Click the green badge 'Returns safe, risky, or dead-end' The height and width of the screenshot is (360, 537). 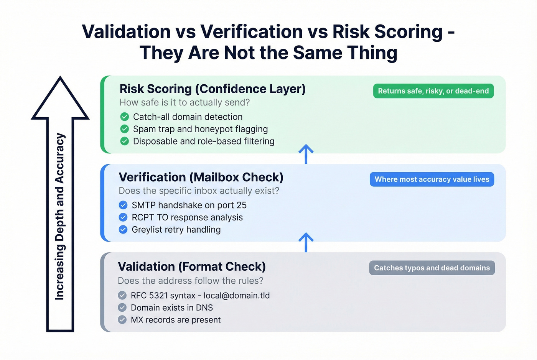click(x=433, y=91)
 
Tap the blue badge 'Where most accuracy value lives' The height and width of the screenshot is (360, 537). click(x=432, y=179)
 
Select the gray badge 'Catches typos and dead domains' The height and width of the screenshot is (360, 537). click(x=432, y=268)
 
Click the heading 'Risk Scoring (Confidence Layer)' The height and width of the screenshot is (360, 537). click(x=212, y=89)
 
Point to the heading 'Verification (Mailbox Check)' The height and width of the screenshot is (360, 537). click(x=201, y=178)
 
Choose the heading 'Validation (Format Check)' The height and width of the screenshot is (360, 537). click(x=192, y=266)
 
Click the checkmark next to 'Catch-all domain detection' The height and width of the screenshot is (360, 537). click(x=124, y=117)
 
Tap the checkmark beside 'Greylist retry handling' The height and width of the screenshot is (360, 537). click(x=123, y=230)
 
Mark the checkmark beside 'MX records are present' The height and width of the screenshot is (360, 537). click(x=122, y=320)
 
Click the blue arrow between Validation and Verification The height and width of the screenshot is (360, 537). click(x=306, y=242)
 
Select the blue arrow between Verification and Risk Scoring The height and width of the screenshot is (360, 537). click(x=306, y=154)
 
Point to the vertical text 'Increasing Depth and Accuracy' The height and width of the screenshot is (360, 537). click(x=60, y=217)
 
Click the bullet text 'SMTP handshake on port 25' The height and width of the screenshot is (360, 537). click(x=189, y=205)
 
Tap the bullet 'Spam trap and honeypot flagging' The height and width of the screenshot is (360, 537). click(x=200, y=129)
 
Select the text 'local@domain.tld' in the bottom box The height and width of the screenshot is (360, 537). click(x=237, y=296)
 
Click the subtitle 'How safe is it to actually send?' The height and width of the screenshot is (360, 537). click(x=184, y=103)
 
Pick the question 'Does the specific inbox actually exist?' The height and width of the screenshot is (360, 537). click(x=199, y=191)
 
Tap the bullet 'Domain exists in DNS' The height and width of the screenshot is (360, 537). click(x=172, y=308)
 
